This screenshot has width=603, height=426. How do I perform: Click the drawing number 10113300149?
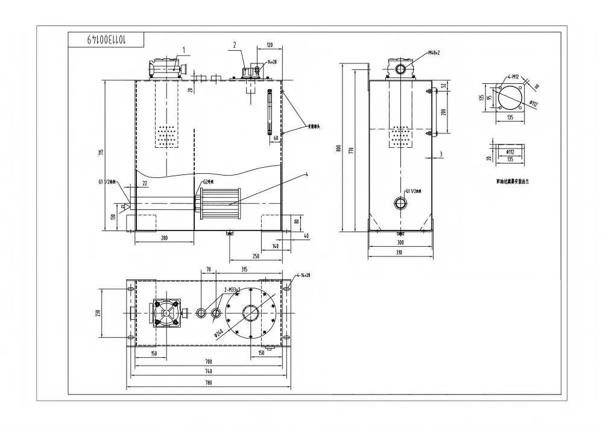106,40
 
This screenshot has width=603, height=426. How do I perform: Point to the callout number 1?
185,50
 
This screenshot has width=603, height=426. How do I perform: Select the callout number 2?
236,45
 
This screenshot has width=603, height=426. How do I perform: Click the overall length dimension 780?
208,383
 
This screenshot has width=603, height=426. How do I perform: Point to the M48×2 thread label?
434,53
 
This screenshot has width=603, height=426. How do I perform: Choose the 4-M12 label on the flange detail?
514,77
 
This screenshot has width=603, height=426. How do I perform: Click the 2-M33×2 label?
232,290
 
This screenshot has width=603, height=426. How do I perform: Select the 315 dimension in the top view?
244,269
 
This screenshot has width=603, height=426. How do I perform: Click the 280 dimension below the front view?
164,238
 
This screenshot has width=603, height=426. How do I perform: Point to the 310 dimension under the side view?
400,252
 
